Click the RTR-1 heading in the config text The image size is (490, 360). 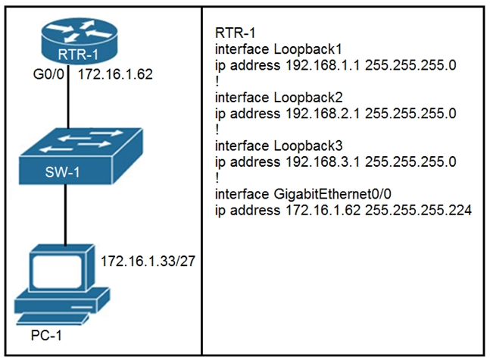(x=234, y=33)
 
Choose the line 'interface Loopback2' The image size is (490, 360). (x=269, y=98)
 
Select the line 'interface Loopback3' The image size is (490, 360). (x=269, y=146)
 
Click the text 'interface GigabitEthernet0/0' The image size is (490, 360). (x=292, y=194)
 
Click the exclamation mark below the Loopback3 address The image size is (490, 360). (x=217, y=177)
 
